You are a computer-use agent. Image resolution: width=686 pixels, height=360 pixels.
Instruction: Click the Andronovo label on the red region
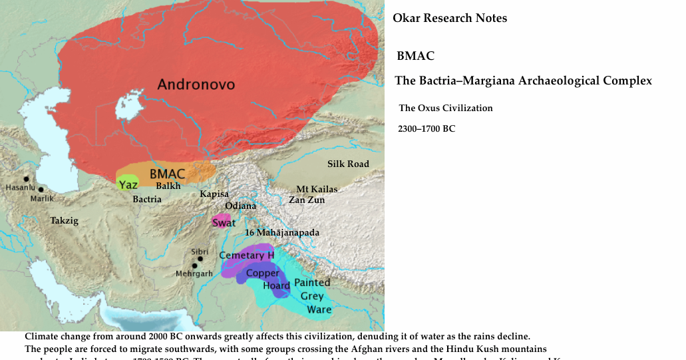[196, 85]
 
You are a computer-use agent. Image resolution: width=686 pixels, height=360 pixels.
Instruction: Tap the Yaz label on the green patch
[128, 185]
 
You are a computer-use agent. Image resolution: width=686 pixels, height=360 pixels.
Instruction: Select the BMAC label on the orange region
[167, 173]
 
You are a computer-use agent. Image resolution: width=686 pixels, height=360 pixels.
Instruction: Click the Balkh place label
[168, 186]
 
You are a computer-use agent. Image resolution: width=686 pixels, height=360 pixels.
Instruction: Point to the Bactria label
[146, 199]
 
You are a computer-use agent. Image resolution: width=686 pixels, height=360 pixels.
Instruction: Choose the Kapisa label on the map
[214, 194]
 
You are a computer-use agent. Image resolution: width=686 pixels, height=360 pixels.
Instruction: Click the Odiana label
[240, 206]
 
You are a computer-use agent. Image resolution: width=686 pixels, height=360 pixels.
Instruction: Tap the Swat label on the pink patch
[224, 223]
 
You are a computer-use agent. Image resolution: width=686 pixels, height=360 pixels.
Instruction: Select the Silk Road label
[347, 164]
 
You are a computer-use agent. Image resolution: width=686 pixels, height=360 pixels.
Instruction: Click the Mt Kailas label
[317, 189]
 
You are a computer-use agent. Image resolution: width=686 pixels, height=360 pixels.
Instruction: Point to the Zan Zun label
[307, 200]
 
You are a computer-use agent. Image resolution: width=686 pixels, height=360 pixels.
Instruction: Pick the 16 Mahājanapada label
[282, 233]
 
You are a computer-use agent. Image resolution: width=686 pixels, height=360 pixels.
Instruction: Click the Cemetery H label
[246, 256]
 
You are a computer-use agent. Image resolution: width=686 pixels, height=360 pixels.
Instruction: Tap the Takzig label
[64, 221]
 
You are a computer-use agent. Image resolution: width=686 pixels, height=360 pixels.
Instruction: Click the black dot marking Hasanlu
[26, 179]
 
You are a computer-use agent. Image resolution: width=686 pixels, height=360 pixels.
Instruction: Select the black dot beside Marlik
[41, 190]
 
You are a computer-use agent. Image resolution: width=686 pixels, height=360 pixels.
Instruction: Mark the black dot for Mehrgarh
[195, 266]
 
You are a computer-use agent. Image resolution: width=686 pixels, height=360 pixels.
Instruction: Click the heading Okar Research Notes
[450, 19]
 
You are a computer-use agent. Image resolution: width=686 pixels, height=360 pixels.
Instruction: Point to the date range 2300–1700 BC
[426, 128]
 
